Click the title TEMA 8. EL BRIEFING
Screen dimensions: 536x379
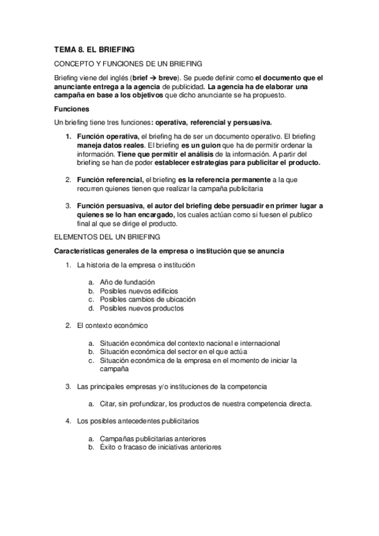click(x=94, y=49)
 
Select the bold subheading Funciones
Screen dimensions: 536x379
click(x=71, y=109)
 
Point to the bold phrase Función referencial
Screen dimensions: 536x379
click(x=110, y=180)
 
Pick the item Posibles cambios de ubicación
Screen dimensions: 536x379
click(x=147, y=300)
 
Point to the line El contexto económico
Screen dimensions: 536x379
click(x=112, y=326)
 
